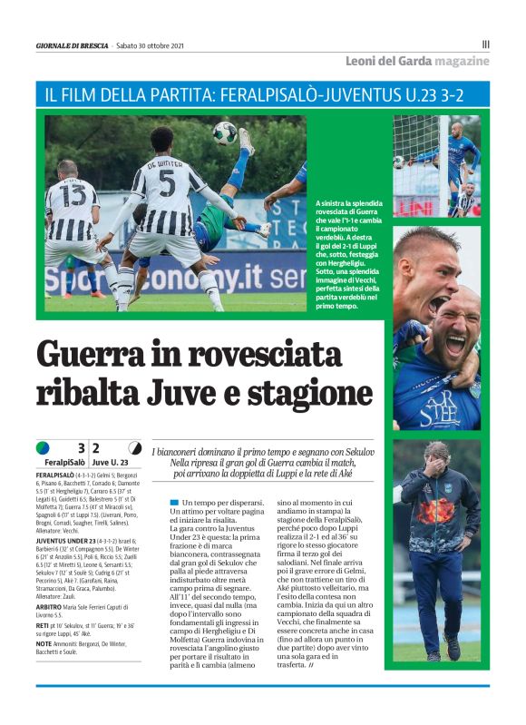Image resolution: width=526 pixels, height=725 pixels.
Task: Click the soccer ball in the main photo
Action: [225, 132]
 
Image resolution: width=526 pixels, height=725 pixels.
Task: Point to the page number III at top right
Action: [485, 43]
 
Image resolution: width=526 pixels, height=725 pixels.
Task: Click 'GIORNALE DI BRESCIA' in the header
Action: [72, 45]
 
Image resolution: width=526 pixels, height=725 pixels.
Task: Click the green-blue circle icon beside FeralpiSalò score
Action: [43, 447]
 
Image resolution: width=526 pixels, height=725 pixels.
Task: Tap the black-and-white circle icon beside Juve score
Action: [134, 447]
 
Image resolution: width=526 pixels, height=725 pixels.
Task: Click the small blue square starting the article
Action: [173, 503]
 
